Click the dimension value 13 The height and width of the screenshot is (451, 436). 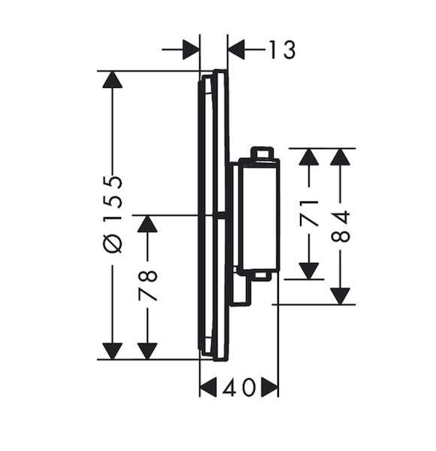coord(282,50)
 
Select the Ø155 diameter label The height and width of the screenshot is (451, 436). coord(113,214)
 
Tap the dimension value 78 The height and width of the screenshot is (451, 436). coord(147,285)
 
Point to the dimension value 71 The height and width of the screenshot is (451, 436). coord(309,213)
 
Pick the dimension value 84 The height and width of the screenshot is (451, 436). coord(341,226)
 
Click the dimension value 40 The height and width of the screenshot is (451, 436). coord(239,387)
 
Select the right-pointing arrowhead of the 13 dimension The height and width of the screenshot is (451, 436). coord(191,50)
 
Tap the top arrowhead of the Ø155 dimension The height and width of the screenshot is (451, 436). coord(113,80)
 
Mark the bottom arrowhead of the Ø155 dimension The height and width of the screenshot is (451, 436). coord(113,351)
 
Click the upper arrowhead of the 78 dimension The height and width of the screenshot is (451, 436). coord(147,224)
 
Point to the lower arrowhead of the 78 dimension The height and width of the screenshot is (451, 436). coord(147,351)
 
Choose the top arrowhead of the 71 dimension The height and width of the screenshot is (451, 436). coord(309,157)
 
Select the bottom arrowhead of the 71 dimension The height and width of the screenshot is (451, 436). coord(309,271)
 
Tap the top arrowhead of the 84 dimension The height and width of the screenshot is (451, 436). coord(341,157)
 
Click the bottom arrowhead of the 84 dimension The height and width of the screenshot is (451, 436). coord(341,296)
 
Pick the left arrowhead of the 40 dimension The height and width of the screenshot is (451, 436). coord(208,387)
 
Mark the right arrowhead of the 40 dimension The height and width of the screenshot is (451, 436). coord(270,387)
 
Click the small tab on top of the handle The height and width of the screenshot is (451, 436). coord(262,153)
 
